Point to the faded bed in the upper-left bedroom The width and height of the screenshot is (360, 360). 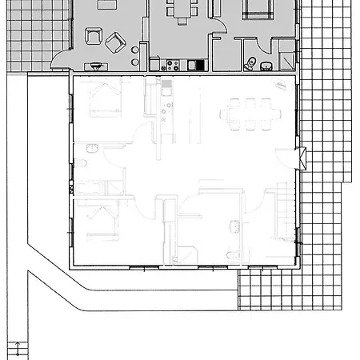103,99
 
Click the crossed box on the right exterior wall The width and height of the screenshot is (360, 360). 301,158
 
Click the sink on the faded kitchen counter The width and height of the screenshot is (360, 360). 168,87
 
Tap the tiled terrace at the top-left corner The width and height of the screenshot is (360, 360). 28,32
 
